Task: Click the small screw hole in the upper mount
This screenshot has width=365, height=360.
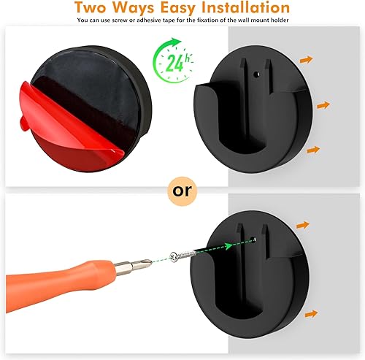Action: pos(256,73)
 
